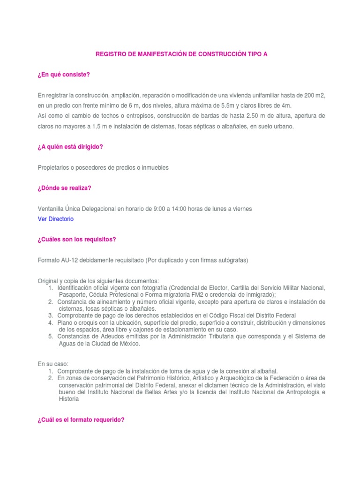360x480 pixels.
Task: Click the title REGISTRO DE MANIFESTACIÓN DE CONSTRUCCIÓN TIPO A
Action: (x=181, y=54)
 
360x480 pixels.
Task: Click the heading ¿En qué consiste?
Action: (x=63, y=75)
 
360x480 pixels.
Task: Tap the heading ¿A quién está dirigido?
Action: (x=70, y=147)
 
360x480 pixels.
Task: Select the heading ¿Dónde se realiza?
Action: (x=64, y=188)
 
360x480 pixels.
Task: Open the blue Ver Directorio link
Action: (x=55, y=219)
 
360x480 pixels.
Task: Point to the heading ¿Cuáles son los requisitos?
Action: (x=76, y=240)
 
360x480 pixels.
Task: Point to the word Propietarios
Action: (x=55, y=167)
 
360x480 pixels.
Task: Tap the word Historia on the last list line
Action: (x=69, y=399)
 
